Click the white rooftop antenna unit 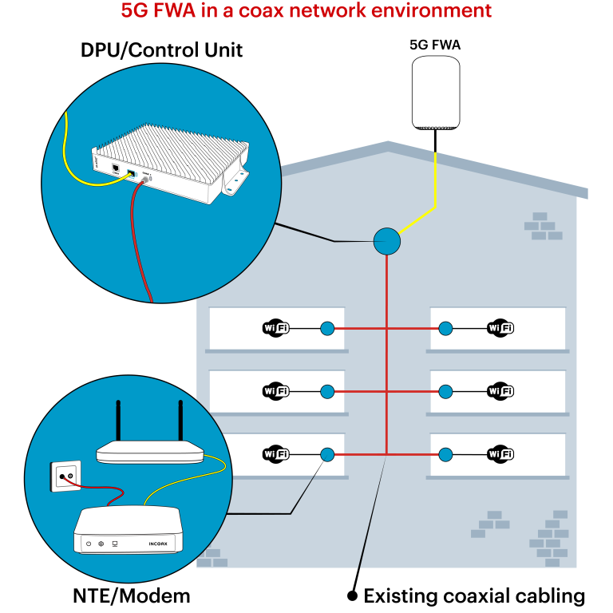pos(436,92)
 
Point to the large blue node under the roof pos(387,241)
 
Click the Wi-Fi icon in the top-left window pos(275,328)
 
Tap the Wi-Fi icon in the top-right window pos(500,328)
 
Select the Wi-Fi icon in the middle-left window pos(275,391)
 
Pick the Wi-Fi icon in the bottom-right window pos(500,454)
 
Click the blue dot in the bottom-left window pos(327,454)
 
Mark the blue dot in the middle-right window pos(445,391)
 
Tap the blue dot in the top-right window pos(445,328)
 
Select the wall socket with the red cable pos(65,477)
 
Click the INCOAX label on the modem pos(158,544)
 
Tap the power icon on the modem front pos(89,544)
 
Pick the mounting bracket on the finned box pos(236,182)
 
